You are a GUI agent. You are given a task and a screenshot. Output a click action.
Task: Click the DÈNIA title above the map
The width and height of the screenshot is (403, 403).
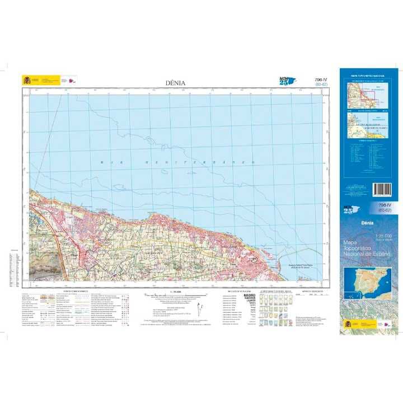(175, 83)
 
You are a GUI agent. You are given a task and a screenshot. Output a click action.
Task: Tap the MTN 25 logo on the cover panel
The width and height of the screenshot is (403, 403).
(349, 209)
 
